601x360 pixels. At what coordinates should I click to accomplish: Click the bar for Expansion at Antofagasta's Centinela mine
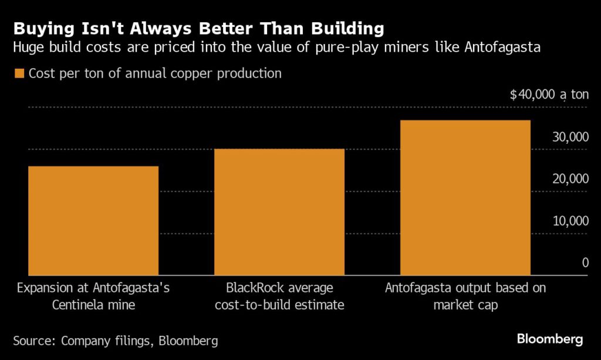(93, 220)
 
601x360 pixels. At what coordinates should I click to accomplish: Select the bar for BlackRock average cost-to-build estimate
(279, 211)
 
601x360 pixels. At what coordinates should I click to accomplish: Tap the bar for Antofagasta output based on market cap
(465, 197)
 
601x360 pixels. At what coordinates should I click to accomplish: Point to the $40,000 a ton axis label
(549, 95)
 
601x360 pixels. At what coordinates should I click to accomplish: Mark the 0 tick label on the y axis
(585, 263)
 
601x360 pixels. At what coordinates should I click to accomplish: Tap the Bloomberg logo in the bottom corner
(550, 339)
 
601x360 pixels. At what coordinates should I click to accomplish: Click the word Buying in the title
(43, 29)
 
